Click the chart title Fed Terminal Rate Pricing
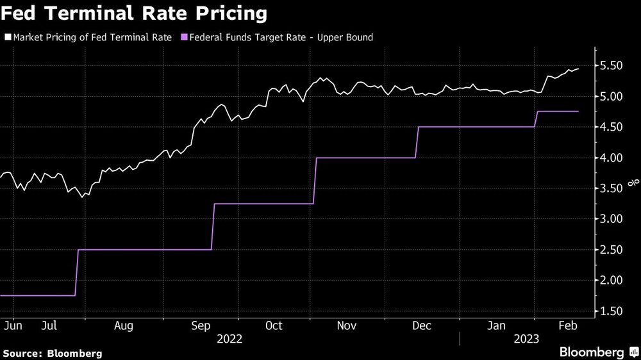point(135,13)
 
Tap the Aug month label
point(124,325)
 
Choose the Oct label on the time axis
point(274,325)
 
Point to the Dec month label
point(421,325)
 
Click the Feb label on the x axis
point(567,325)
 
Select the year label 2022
point(230,339)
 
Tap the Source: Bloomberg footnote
point(53,353)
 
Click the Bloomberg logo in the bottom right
point(595,352)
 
